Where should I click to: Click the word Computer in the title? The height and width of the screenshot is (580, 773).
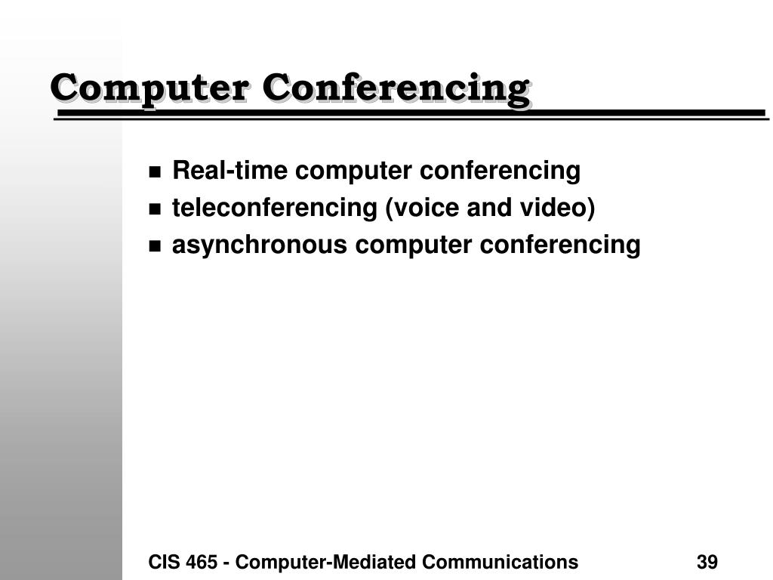(149, 89)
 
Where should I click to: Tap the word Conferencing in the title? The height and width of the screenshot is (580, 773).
(396, 90)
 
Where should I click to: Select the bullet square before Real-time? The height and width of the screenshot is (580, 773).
(155, 172)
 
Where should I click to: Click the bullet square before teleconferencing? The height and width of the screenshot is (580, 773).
(155, 209)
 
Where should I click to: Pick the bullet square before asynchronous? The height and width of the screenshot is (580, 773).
(155, 245)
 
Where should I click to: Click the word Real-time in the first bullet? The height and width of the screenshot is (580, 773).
(229, 171)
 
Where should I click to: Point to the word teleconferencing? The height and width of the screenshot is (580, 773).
(275, 208)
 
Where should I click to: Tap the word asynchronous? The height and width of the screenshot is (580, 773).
(260, 245)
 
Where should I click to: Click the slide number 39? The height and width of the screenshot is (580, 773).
(707, 562)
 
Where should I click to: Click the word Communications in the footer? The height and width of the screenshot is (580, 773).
(500, 562)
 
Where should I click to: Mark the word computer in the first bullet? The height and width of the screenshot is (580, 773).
(353, 171)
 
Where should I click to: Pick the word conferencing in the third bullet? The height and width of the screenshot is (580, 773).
(560, 245)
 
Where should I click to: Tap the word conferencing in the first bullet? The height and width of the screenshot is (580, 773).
(500, 171)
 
